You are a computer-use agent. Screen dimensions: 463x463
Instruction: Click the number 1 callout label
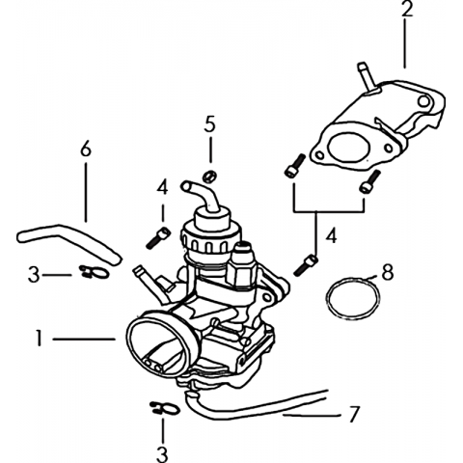[40, 339]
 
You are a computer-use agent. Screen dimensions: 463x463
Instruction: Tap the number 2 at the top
[406, 9]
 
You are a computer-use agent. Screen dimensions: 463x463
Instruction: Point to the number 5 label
[209, 124]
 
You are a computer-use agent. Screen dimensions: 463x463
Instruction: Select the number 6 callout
[86, 150]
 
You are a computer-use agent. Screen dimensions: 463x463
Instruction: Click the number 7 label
[353, 415]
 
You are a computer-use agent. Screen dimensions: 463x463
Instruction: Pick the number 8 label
[387, 273]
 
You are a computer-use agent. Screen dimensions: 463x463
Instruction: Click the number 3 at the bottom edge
[162, 454]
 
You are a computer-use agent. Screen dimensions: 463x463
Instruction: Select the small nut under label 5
[209, 177]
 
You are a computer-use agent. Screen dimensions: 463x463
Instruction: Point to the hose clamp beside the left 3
[94, 272]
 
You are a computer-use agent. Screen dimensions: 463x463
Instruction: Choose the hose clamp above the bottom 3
[164, 408]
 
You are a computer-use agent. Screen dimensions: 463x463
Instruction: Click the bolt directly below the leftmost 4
[157, 238]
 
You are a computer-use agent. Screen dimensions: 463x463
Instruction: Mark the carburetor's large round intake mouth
[158, 345]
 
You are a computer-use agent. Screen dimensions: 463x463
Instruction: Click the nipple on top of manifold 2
[367, 76]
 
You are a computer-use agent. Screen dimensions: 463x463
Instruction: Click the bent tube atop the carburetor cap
[202, 196]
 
